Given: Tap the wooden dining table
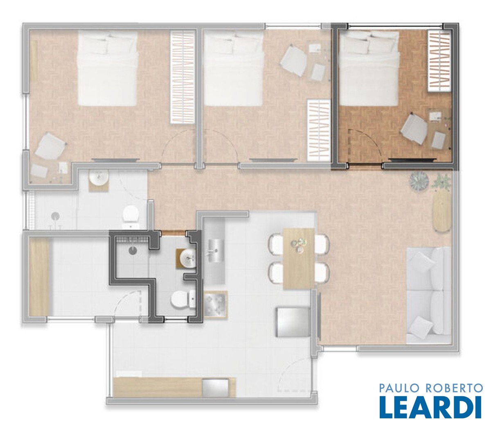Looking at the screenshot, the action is [299, 259].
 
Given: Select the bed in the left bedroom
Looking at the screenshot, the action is [108, 68].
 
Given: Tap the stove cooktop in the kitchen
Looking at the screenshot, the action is [215, 305].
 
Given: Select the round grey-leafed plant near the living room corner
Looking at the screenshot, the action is [419, 182].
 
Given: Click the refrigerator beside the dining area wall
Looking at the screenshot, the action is [293, 322].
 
